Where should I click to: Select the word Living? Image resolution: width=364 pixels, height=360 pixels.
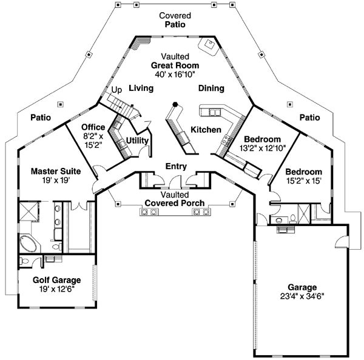tap(141, 88)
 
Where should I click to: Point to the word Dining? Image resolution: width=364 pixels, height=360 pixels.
tap(211, 88)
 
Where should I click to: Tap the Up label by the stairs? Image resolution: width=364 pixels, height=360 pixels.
tap(116, 90)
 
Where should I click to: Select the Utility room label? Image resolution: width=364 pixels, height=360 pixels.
tap(136, 141)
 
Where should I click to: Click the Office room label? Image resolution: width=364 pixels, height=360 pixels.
tap(93, 127)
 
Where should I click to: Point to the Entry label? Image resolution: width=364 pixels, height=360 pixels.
tap(175, 167)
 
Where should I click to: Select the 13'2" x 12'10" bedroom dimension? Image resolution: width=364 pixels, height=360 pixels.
tap(262, 147)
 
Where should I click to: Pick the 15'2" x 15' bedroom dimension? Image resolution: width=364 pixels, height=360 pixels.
tap(301, 180)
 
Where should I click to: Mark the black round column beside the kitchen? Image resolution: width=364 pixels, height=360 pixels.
tap(175, 104)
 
